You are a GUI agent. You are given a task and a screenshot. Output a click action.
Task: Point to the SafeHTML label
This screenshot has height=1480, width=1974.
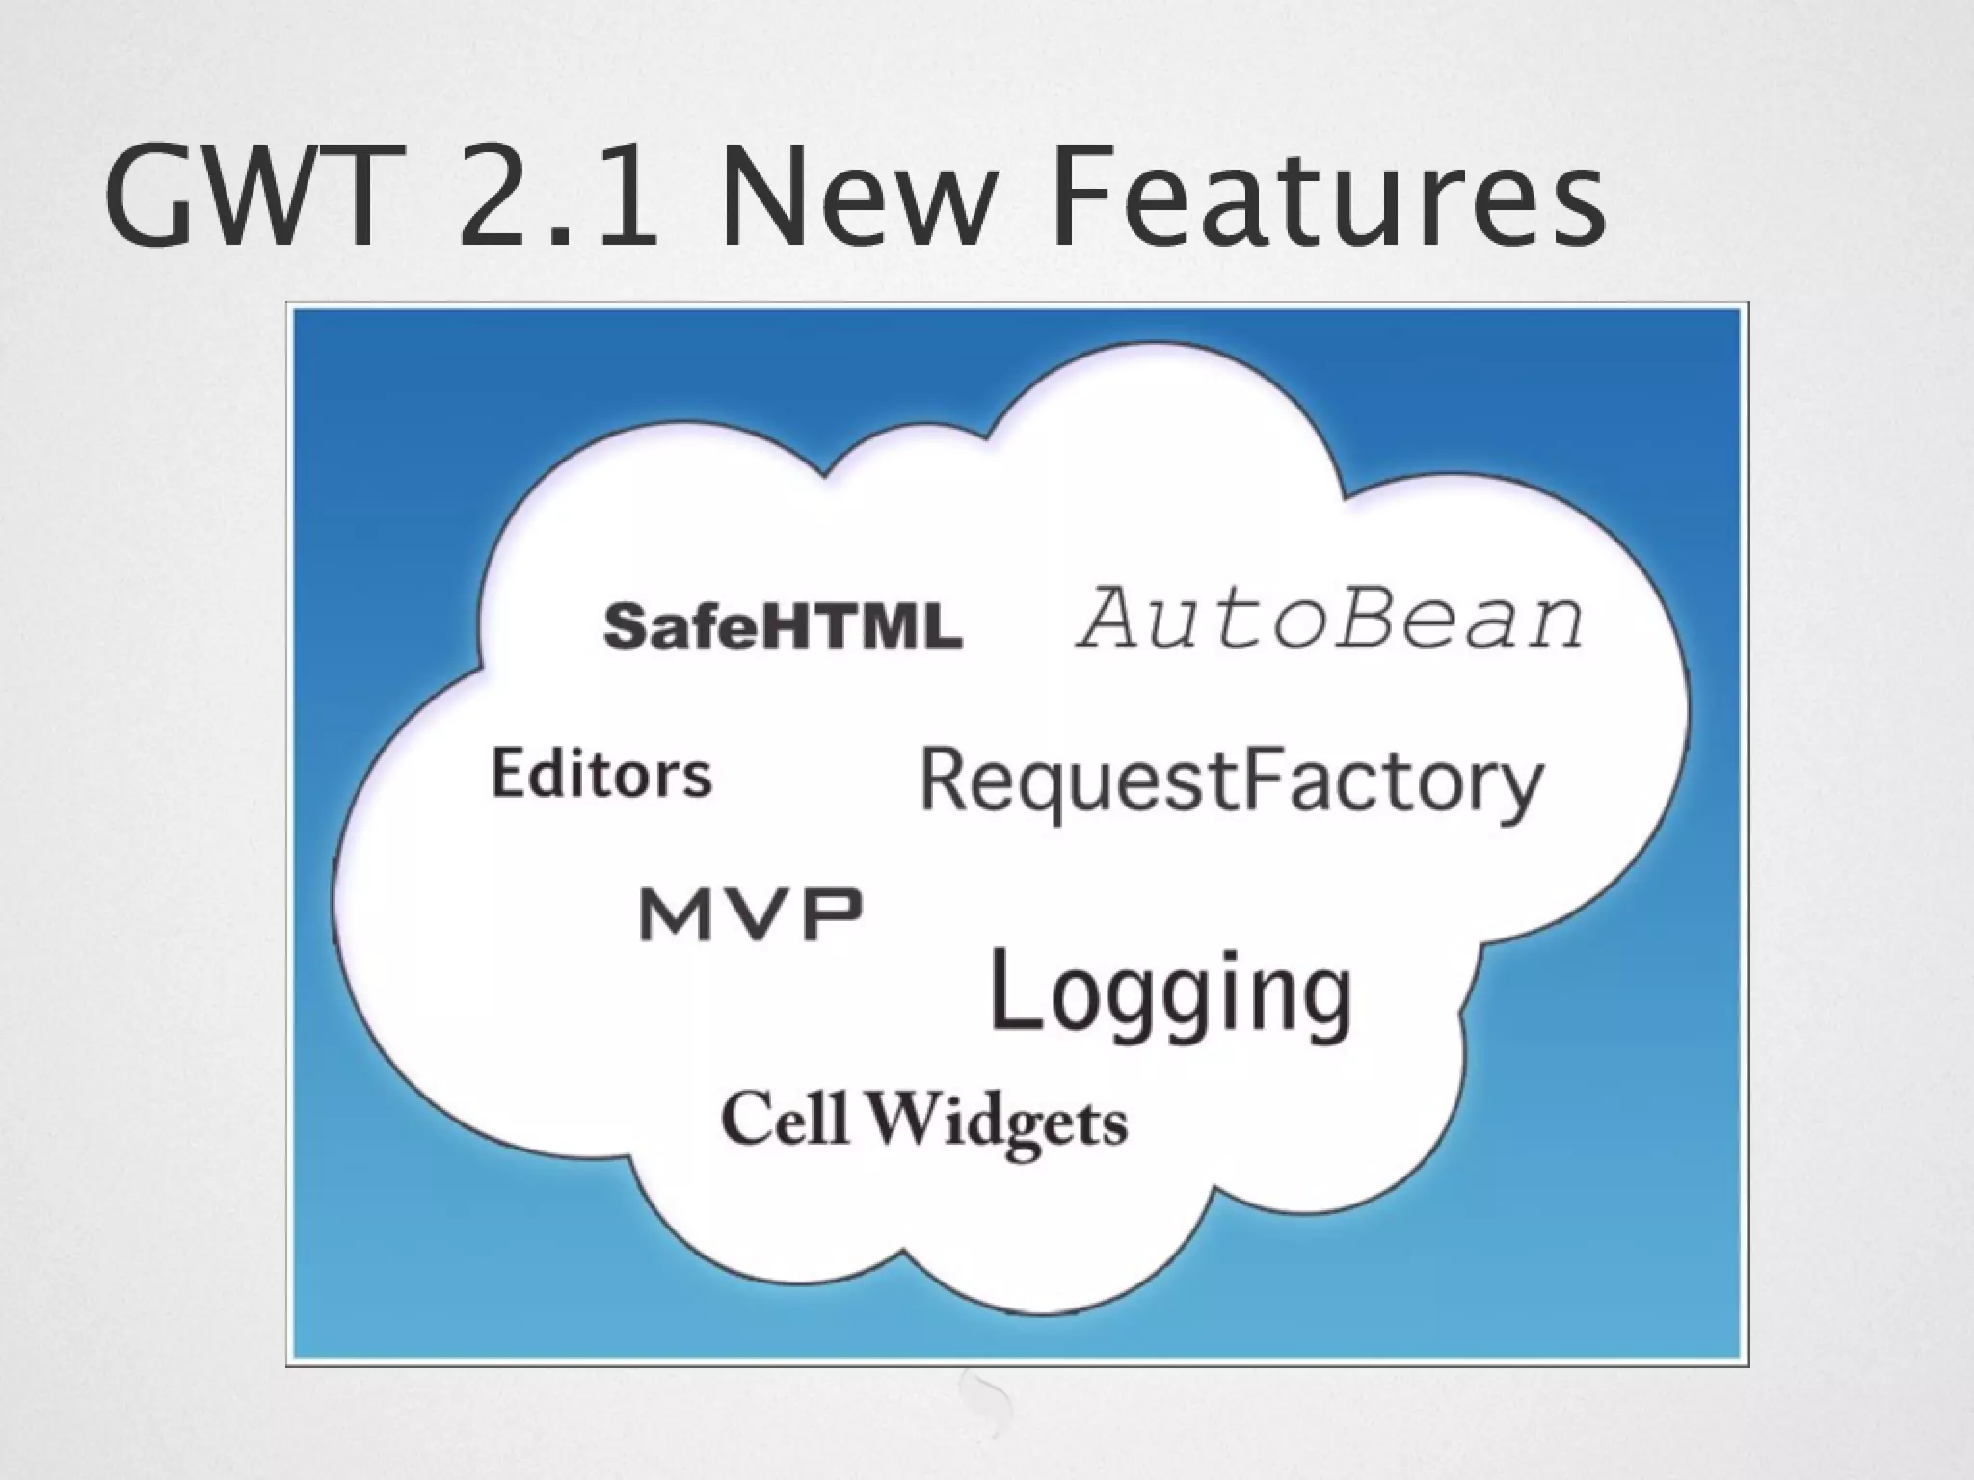point(782,626)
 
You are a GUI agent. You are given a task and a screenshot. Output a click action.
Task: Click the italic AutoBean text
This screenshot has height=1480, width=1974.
point(1329,619)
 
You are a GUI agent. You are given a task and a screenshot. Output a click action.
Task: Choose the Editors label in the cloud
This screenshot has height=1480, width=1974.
point(601,774)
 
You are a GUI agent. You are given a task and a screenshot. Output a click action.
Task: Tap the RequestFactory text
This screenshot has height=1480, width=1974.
point(1231,782)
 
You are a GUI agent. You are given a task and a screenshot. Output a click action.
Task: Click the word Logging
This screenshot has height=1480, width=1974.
point(1171,992)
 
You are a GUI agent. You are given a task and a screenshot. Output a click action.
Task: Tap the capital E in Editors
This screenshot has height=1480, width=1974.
point(508,773)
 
